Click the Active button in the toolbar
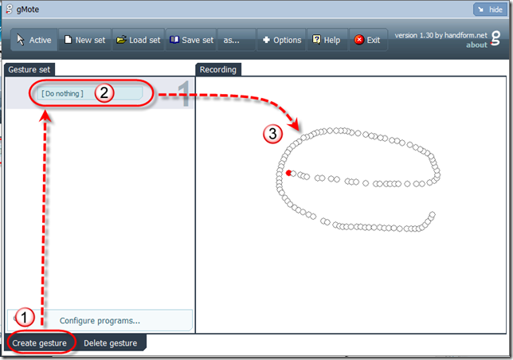[x=34, y=40]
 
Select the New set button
[x=84, y=40]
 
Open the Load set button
[x=139, y=40]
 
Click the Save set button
[x=191, y=40]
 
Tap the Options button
[x=282, y=40]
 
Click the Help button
[x=327, y=40]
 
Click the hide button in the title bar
[x=490, y=10]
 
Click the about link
[x=476, y=45]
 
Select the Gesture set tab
[x=29, y=69]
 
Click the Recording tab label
[x=218, y=69]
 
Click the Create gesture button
[x=40, y=343]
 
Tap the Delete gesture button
[x=111, y=343]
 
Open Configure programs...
[x=100, y=320]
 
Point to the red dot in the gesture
[x=288, y=173]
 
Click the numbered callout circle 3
[x=272, y=134]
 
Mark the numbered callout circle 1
[x=25, y=317]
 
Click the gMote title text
[x=27, y=10]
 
